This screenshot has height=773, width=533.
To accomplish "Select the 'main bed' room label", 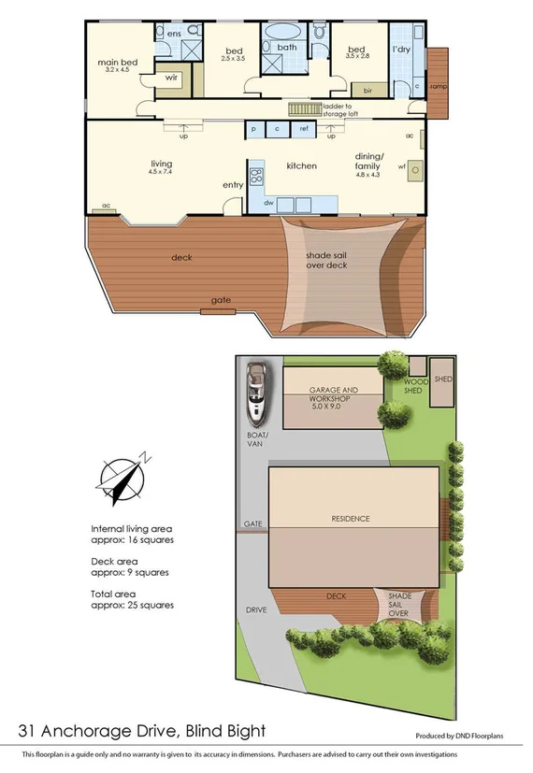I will click(x=118, y=64).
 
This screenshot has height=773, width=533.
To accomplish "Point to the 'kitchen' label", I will click(x=301, y=166).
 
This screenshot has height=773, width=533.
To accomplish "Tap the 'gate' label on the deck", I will click(x=221, y=300).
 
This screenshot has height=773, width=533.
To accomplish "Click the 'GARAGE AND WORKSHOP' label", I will click(x=333, y=394).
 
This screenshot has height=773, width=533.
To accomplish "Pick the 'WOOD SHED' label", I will click(x=416, y=386).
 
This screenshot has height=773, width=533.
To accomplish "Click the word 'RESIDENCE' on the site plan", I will click(x=351, y=519).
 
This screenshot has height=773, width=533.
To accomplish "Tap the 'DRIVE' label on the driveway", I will click(x=256, y=609).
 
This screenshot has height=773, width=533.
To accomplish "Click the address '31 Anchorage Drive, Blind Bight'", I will click(x=141, y=730).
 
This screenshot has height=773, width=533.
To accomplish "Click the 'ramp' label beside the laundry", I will click(x=437, y=86).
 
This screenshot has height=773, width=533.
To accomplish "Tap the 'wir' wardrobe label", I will click(x=171, y=79).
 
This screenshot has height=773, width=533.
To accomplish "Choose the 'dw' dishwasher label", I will click(x=268, y=201).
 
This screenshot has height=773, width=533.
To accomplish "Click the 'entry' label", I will click(x=233, y=185).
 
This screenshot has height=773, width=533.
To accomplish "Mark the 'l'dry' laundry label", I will click(x=401, y=49).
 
